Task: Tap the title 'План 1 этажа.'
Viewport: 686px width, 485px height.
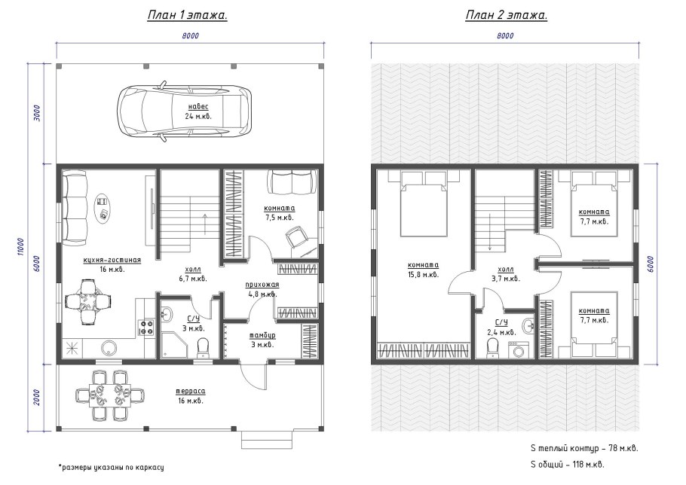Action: click(x=187, y=16)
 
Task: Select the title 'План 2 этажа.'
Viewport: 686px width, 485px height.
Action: click(x=507, y=16)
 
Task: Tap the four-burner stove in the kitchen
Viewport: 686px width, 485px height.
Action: click(x=146, y=328)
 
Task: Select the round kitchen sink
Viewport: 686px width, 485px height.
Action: click(x=109, y=348)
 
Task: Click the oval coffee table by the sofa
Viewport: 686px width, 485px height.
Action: click(x=103, y=208)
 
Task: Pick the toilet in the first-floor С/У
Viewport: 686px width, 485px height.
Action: click(x=203, y=347)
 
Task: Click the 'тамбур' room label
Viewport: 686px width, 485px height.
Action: click(x=262, y=335)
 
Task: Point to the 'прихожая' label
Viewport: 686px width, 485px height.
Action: click(x=262, y=285)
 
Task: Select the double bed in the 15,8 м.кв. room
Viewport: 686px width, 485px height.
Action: click(x=424, y=203)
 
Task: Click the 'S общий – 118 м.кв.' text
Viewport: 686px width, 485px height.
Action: click(x=567, y=465)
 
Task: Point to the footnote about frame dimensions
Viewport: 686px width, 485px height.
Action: click(x=111, y=467)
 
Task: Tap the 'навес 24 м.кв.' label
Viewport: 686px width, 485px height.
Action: click(x=198, y=111)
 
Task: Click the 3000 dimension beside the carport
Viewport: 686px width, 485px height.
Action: click(x=37, y=113)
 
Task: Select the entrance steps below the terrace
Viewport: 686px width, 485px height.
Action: click(x=268, y=439)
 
